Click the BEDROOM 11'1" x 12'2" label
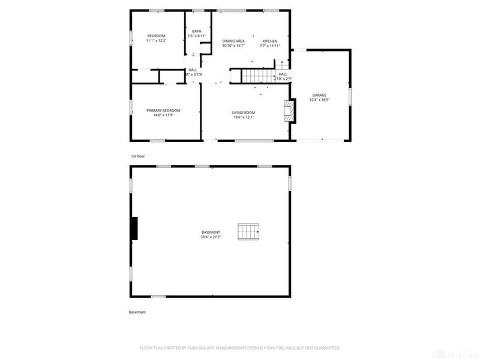tap(156, 36)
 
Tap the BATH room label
tap(197, 31)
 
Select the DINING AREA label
tap(233, 41)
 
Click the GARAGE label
tap(319, 95)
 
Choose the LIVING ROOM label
tap(244, 112)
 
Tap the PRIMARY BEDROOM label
tap(164, 110)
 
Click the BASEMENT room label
tap(211, 232)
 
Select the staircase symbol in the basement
tap(248, 232)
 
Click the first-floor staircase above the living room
tap(253, 76)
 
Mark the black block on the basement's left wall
tap(134, 229)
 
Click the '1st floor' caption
tap(138, 156)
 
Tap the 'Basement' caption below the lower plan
tap(137, 312)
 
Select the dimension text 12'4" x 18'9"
tap(319, 100)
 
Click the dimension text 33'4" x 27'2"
tap(211, 237)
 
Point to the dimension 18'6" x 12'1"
tap(244, 117)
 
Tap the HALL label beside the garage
tap(283, 74)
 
